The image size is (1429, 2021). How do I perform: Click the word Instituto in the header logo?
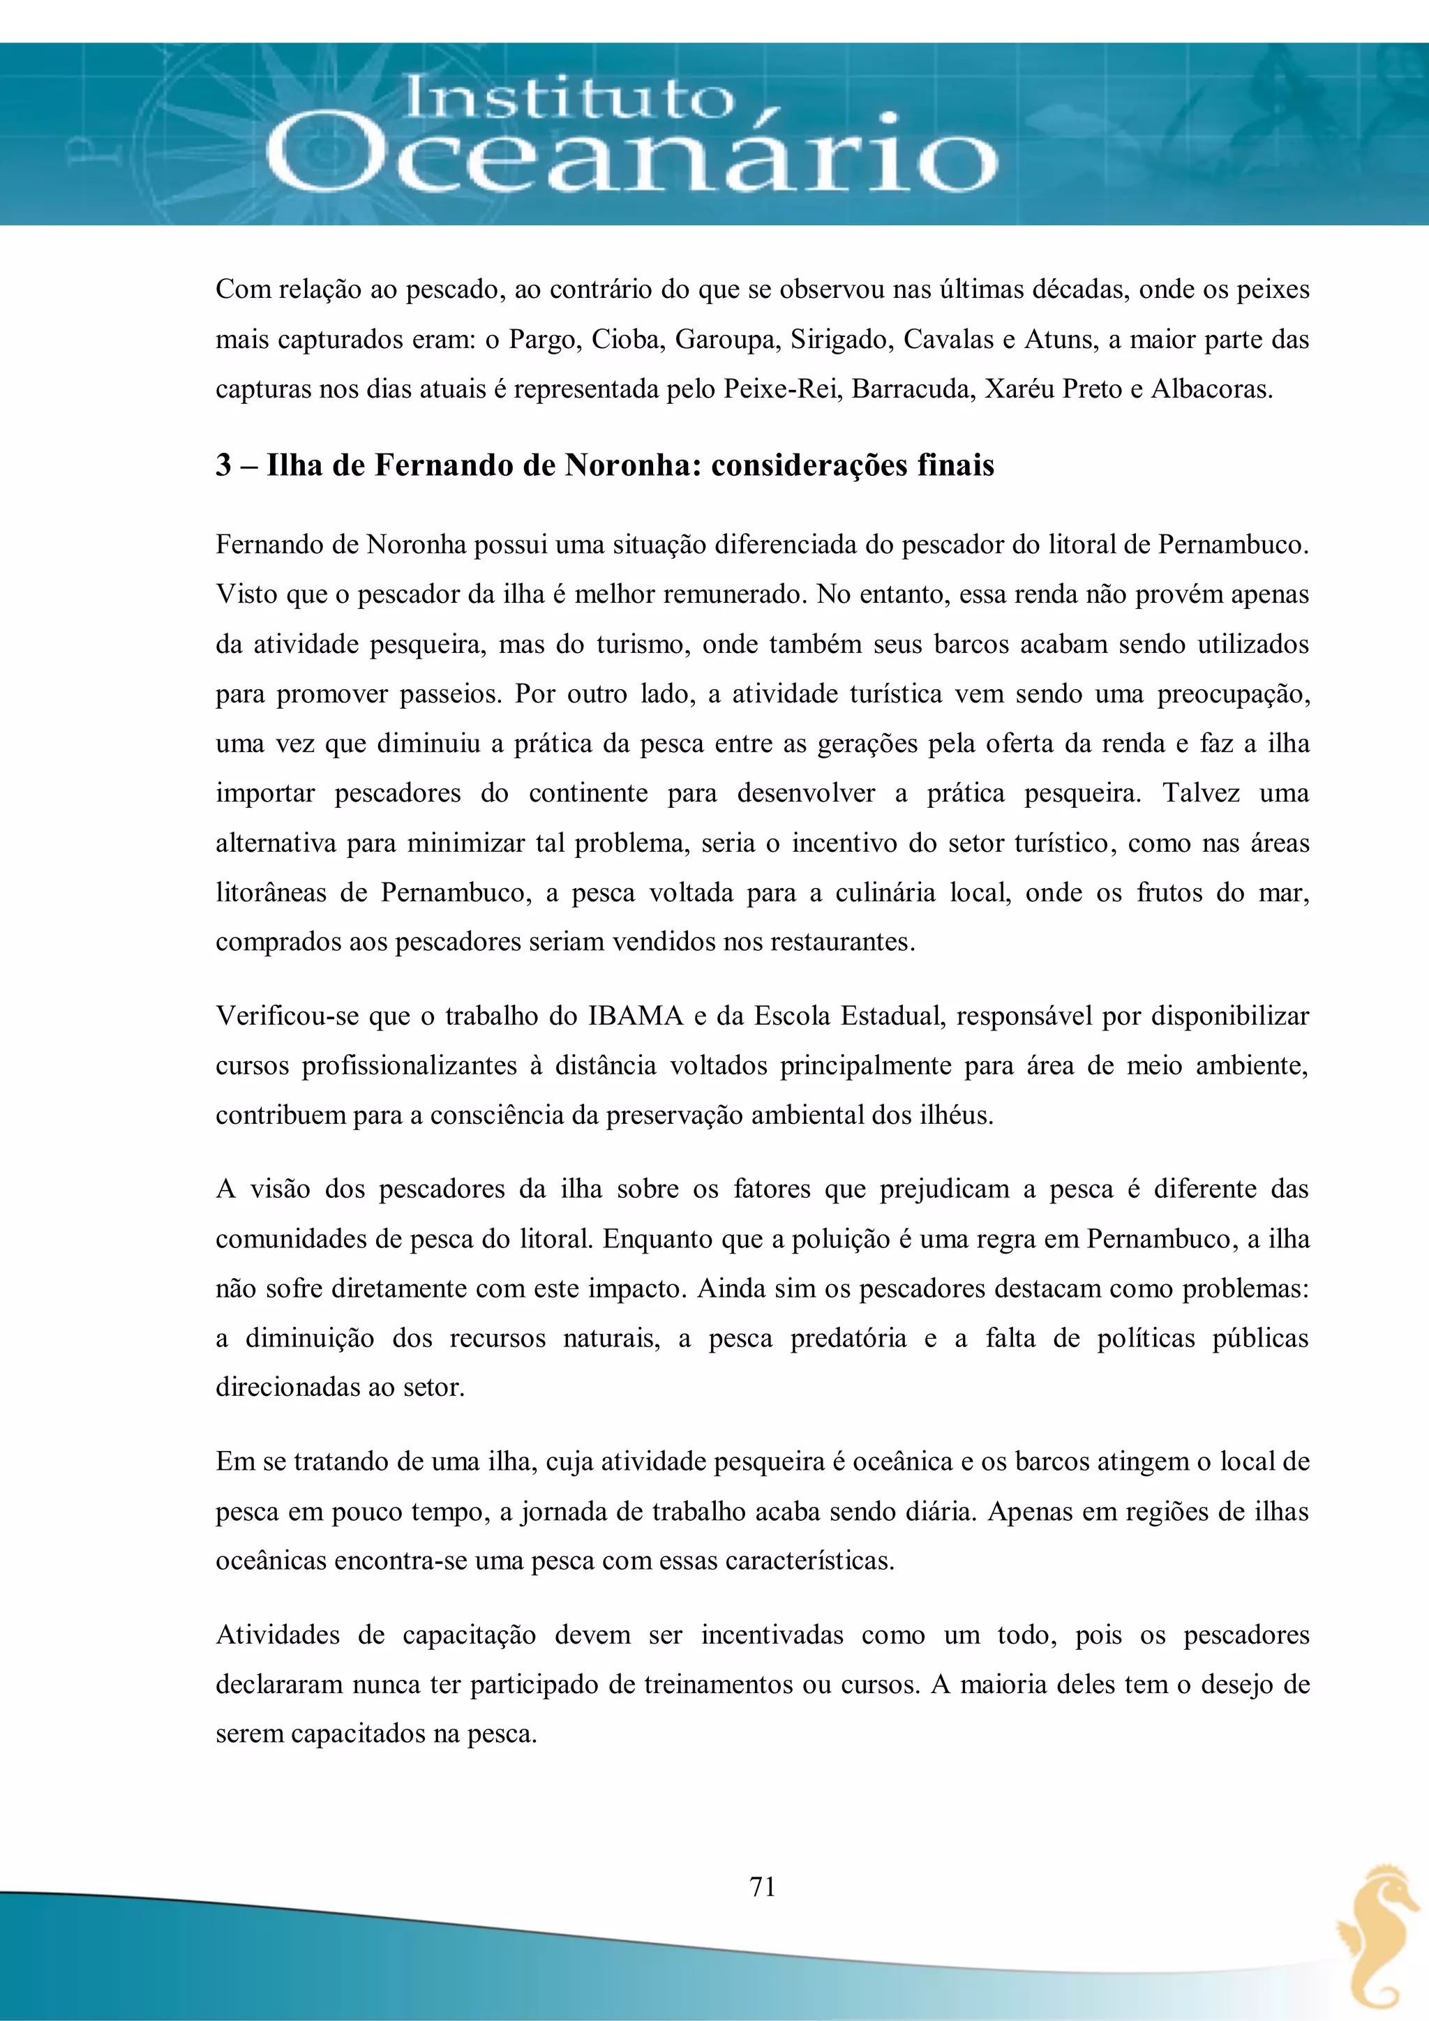pos(568,98)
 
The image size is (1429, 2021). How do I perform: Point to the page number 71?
pos(763,1886)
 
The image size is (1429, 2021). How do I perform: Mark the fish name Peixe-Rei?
pos(780,389)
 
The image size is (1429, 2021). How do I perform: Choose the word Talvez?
pos(1201,793)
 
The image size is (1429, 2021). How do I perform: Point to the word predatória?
pos(848,1338)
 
